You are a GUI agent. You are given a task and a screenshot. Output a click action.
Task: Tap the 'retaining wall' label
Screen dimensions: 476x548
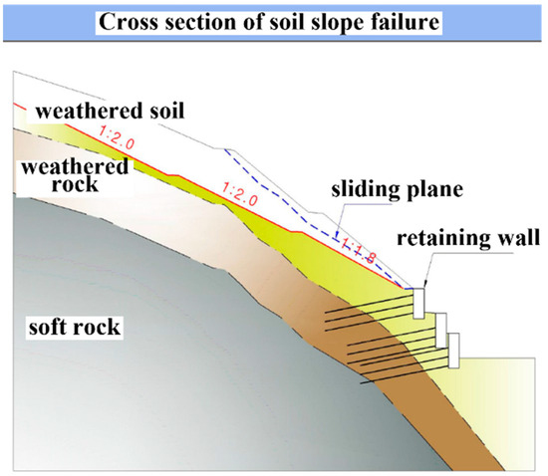click(x=464, y=238)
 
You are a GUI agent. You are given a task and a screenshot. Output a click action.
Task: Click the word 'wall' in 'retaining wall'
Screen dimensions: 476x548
click(x=517, y=238)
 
